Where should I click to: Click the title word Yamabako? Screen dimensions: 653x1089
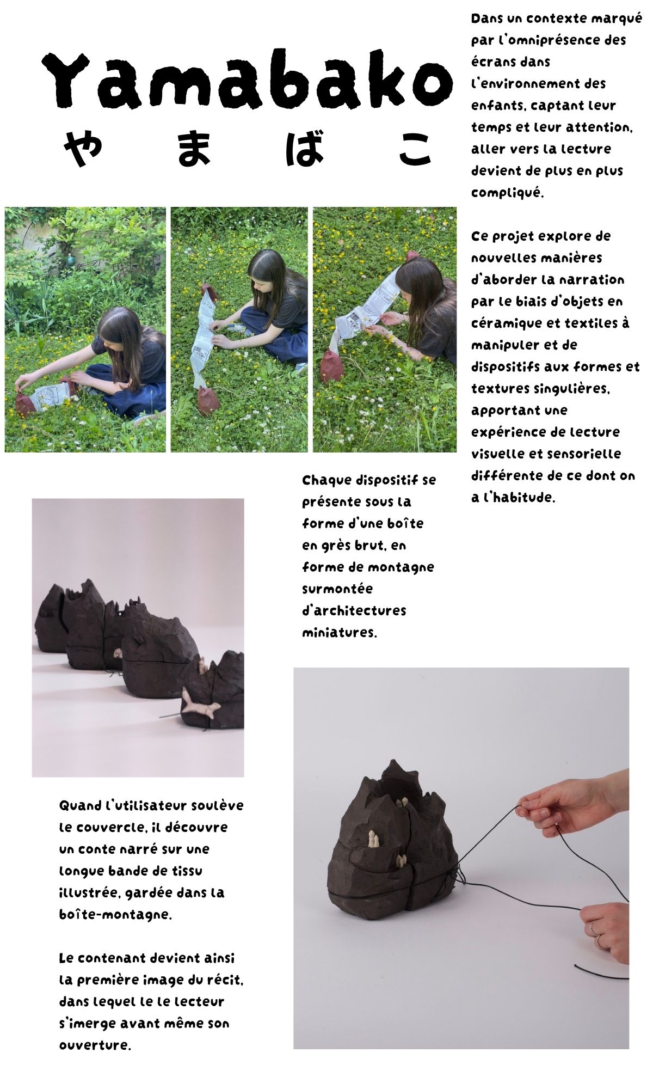coord(248,80)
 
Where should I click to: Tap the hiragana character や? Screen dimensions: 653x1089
coord(82,148)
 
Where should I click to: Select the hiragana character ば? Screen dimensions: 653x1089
coord(305,148)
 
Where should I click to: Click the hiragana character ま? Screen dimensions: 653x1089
coord(194,148)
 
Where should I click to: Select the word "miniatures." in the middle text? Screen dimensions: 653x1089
coord(340,633)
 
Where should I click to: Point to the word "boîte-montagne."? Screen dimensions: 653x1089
coord(115,914)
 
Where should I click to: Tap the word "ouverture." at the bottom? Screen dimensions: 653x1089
coord(95,1045)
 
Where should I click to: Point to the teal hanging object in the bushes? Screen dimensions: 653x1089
coord(70,261)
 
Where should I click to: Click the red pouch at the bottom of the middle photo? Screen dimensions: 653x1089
coord(208,402)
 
